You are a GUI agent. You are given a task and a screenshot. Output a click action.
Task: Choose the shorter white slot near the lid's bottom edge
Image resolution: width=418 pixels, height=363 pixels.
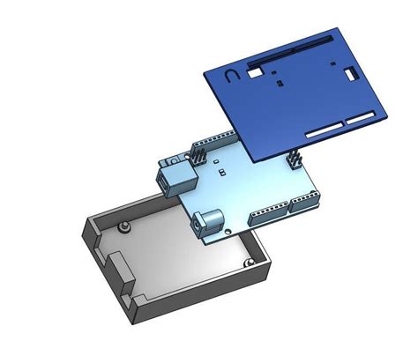pos(364,117)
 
